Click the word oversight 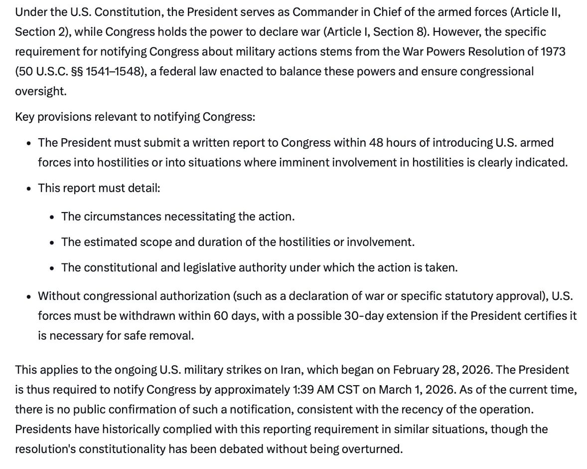pyautogui.click(x=40, y=91)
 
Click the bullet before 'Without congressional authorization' pyautogui.click(x=29, y=296)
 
